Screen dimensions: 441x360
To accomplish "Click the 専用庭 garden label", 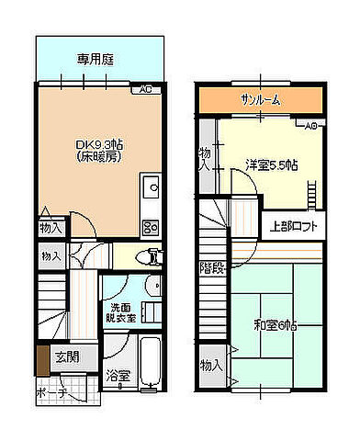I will coord(95,61).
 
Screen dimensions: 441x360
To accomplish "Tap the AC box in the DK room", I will coord(145,89).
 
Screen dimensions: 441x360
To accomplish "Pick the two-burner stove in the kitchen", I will coord(151,227).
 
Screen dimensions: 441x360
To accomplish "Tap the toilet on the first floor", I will coord(150,256).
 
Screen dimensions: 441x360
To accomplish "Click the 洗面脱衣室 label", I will coord(121,311).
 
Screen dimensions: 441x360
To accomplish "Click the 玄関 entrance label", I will coord(65,356).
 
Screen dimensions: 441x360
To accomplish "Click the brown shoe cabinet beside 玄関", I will coord(41,356).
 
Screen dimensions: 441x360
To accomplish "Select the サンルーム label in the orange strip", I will coord(261,99).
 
